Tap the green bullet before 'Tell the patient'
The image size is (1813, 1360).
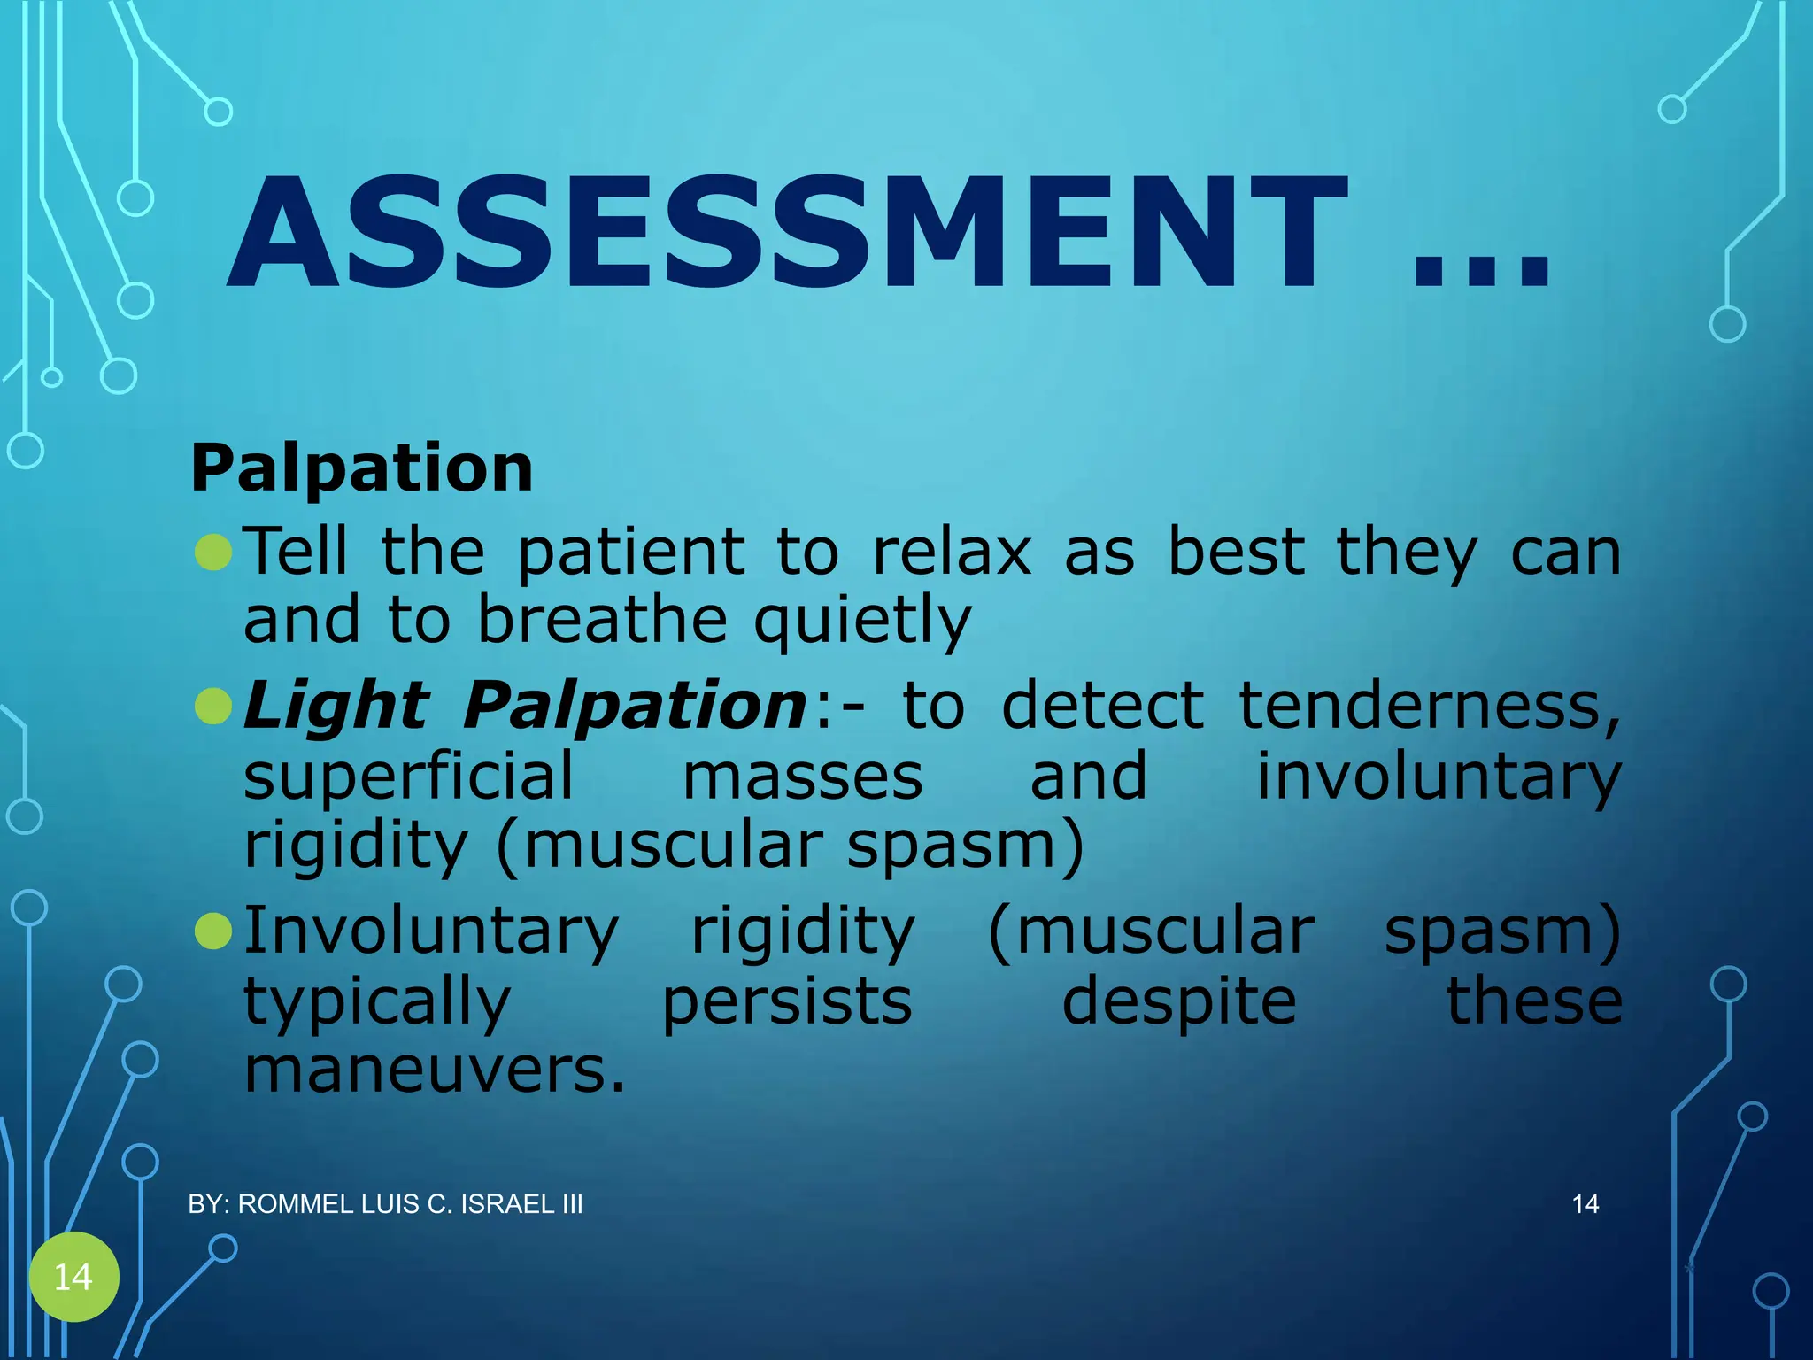[x=213, y=552]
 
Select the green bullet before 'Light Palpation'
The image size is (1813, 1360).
[x=213, y=707]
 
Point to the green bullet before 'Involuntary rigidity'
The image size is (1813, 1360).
[x=213, y=931]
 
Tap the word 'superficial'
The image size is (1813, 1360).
[x=409, y=776]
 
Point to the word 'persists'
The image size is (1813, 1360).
[x=787, y=1002]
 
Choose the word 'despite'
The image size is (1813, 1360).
[x=1178, y=1002]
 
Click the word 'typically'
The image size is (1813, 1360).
[x=377, y=1002]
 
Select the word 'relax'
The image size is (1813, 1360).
[x=952, y=552]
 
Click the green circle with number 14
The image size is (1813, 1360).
[x=73, y=1277]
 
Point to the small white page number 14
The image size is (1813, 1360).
[x=1585, y=1204]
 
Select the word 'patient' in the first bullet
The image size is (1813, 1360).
[x=631, y=552]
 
